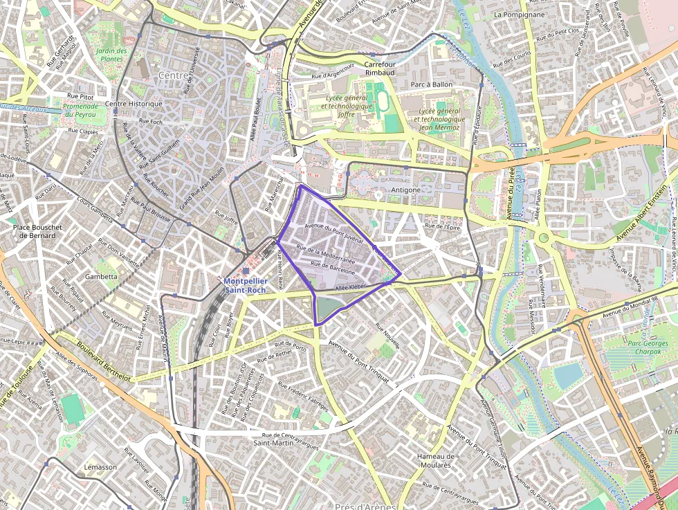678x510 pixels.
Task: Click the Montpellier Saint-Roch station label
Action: coord(246,285)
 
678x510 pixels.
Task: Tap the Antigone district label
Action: coord(405,190)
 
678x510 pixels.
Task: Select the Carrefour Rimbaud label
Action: coord(379,68)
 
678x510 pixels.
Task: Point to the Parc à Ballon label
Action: coord(431,84)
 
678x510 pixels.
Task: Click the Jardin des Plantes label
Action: coord(111,55)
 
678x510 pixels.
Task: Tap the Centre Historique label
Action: coord(134,104)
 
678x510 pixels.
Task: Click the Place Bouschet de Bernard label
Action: coord(37,231)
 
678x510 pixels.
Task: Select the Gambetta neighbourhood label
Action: coord(101,276)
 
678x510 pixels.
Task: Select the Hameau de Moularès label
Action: coord(436,460)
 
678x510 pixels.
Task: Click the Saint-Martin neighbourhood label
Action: coord(273,442)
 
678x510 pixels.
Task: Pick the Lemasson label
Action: coord(100,467)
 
